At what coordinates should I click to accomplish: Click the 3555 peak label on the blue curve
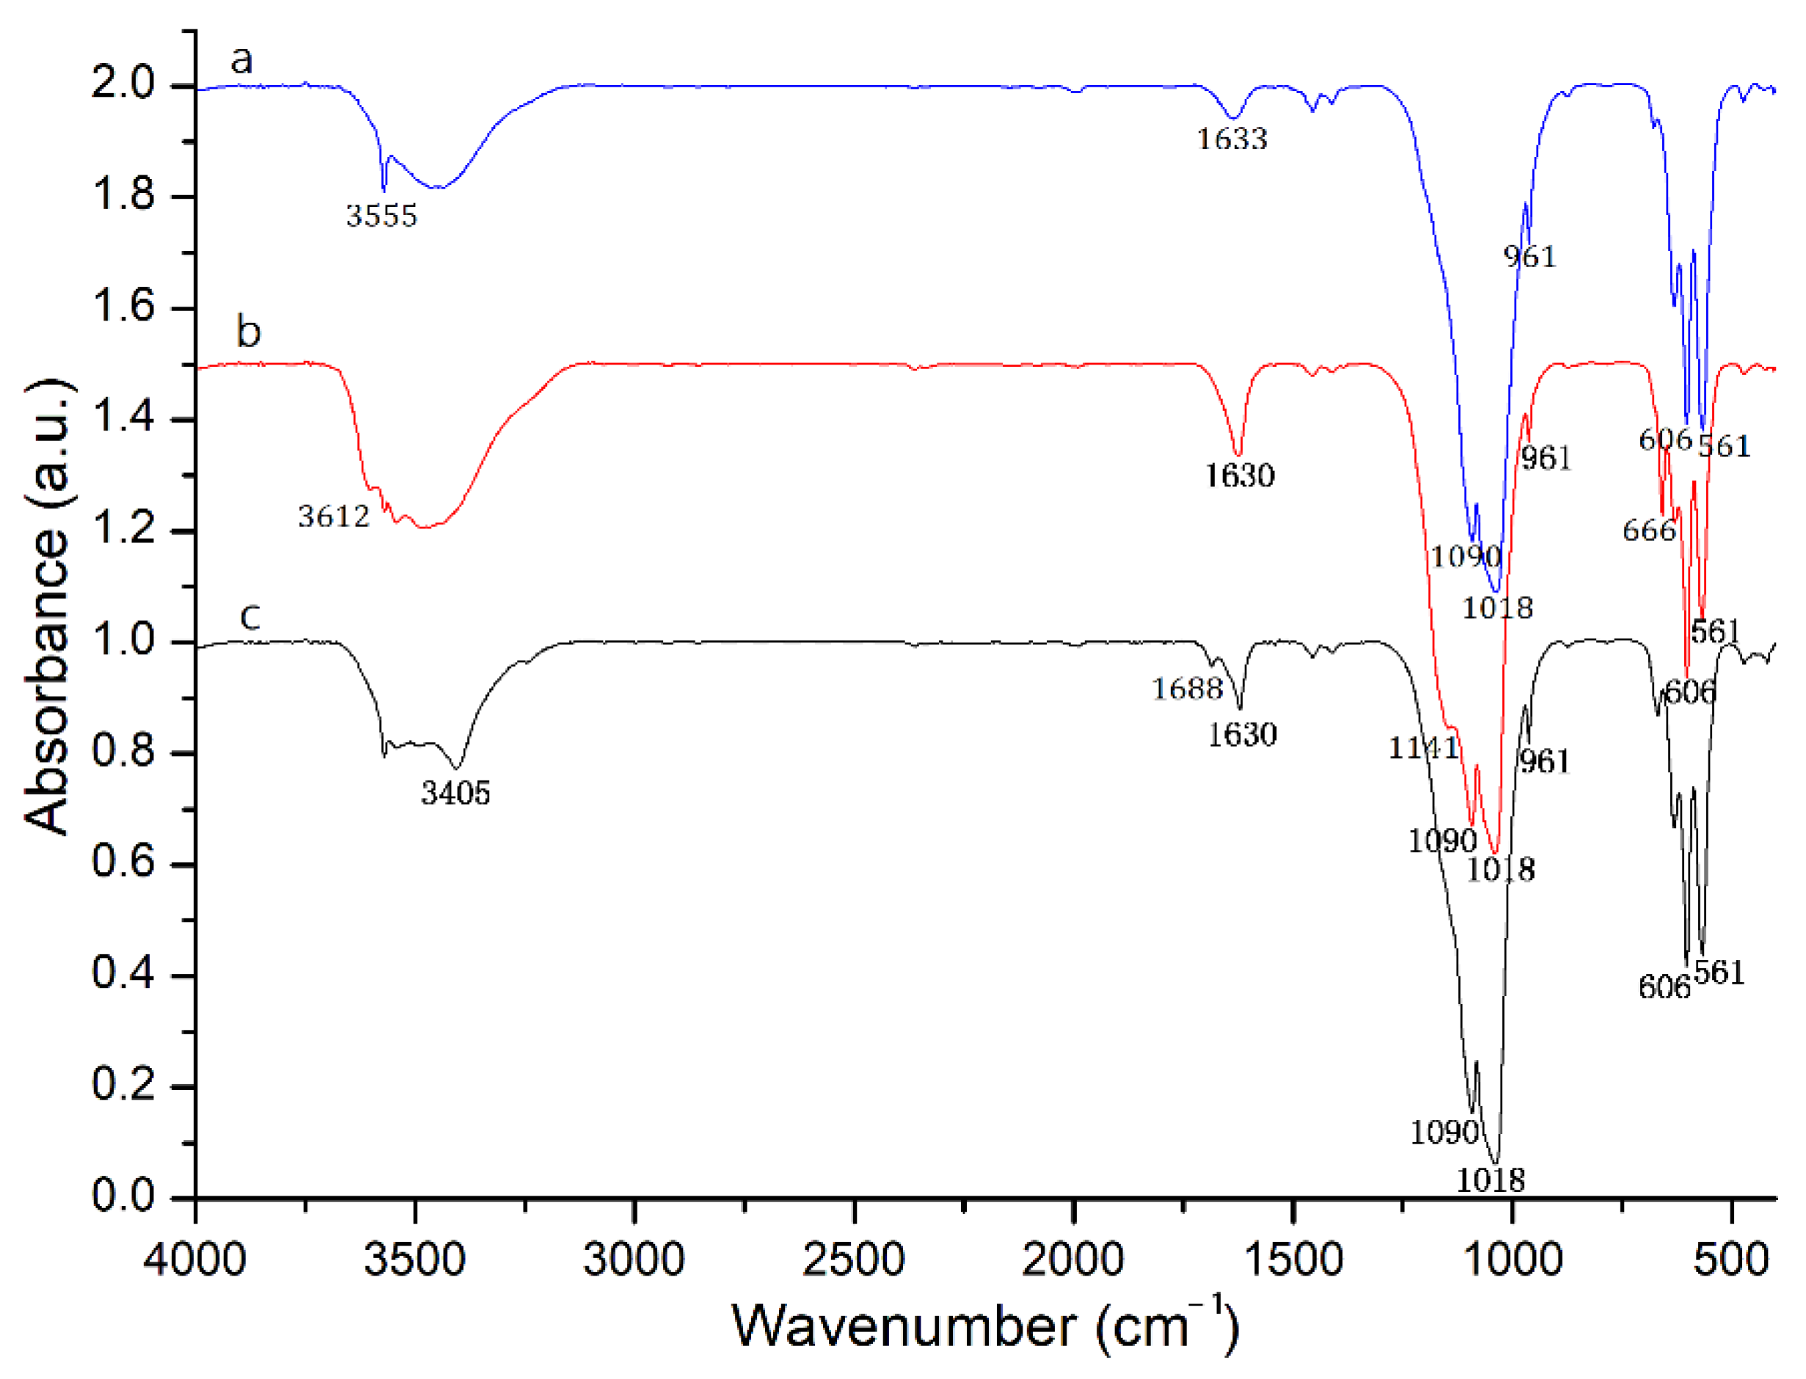pos(381,216)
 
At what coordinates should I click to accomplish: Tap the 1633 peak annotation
pos(1232,139)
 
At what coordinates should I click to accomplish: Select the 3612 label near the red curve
pos(333,516)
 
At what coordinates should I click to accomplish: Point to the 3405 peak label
pos(456,793)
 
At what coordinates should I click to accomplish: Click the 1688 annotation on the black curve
pos(1187,689)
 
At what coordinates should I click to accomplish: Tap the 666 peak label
pos(1648,530)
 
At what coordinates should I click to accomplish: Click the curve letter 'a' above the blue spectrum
pos(241,59)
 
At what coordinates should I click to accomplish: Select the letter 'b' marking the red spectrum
pos(248,332)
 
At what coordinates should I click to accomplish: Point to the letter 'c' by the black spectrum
pos(250,615)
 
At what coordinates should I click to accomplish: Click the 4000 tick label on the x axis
pos(194,1259)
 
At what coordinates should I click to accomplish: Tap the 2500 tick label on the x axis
pos(854,1259)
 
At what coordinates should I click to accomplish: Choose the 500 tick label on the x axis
pos(1730,1259)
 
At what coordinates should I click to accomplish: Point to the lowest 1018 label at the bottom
pos(1490,1180)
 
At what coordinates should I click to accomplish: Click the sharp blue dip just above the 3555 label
pos(384,187)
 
